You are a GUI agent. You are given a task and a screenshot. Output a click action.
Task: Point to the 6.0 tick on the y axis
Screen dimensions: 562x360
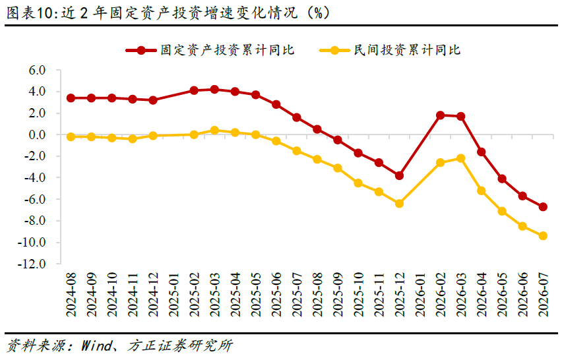click(x=38, y=70)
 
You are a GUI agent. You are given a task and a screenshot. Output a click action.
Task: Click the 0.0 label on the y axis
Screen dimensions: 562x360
click(x=38, y=135)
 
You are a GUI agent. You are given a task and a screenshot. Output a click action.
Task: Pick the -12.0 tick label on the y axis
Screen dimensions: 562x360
click(x=32, y=264)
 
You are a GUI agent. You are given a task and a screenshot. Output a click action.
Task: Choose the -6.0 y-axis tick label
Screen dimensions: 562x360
click(x=35, y=199)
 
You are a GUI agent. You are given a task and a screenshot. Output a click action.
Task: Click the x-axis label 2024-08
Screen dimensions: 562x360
click(x=71, y=295)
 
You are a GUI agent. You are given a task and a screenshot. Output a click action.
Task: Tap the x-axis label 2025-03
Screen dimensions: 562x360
click(x=215, y=295)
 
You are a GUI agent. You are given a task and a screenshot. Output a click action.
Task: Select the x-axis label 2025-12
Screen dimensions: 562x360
click(x=400, y=295)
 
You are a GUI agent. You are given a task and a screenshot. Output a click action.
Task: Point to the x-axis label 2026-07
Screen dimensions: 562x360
click(x=544, y=295)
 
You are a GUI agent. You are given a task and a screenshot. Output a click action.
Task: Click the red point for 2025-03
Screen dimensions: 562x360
click(x=214, y=90)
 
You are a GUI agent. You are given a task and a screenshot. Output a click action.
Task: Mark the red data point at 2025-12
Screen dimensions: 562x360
click(x=399, y=176)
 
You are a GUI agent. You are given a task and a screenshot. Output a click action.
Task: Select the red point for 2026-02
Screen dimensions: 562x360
click(x=441, y=115)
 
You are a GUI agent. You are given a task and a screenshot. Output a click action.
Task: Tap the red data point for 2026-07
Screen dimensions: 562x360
click(x=543, y=207)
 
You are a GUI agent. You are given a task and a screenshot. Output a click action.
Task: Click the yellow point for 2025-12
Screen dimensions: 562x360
click(x=399, y=204)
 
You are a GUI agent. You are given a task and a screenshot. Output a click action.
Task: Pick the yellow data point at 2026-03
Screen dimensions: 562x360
click(x=461, y=158)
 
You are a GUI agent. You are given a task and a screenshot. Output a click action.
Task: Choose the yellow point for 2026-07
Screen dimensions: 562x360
click(x=543, y=236)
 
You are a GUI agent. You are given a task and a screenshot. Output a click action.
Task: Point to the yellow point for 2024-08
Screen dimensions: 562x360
click(x=71, y=137)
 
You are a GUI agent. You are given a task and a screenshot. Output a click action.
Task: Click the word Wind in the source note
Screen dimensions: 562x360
click(x=97, y=346)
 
